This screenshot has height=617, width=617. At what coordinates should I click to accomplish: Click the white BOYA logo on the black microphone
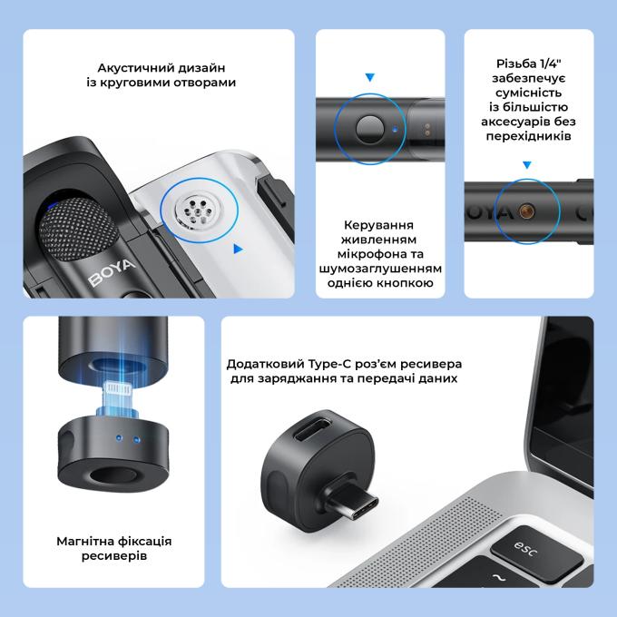(x=112, y=272)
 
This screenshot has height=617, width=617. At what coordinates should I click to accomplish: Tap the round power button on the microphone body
(x=369, y=129)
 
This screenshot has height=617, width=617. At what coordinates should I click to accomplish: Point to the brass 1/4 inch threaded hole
(x=526, y=211)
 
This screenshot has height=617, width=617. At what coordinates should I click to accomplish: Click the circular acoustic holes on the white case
(x=196, y=211)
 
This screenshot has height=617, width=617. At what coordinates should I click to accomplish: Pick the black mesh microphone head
(x=78, y=230)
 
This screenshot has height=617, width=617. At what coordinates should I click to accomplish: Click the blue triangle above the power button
(x=370, y=77)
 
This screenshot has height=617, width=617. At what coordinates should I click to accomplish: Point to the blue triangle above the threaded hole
(x=527, y=165)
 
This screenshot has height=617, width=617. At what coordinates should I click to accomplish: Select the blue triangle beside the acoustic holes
(x=238, y=249)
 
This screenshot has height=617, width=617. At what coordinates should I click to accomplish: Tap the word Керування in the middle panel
(x=378, y=225)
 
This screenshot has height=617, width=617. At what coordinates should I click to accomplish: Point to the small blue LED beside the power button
(x=395, y=129)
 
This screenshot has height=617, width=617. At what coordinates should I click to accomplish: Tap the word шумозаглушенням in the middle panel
(x=380, y=269)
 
